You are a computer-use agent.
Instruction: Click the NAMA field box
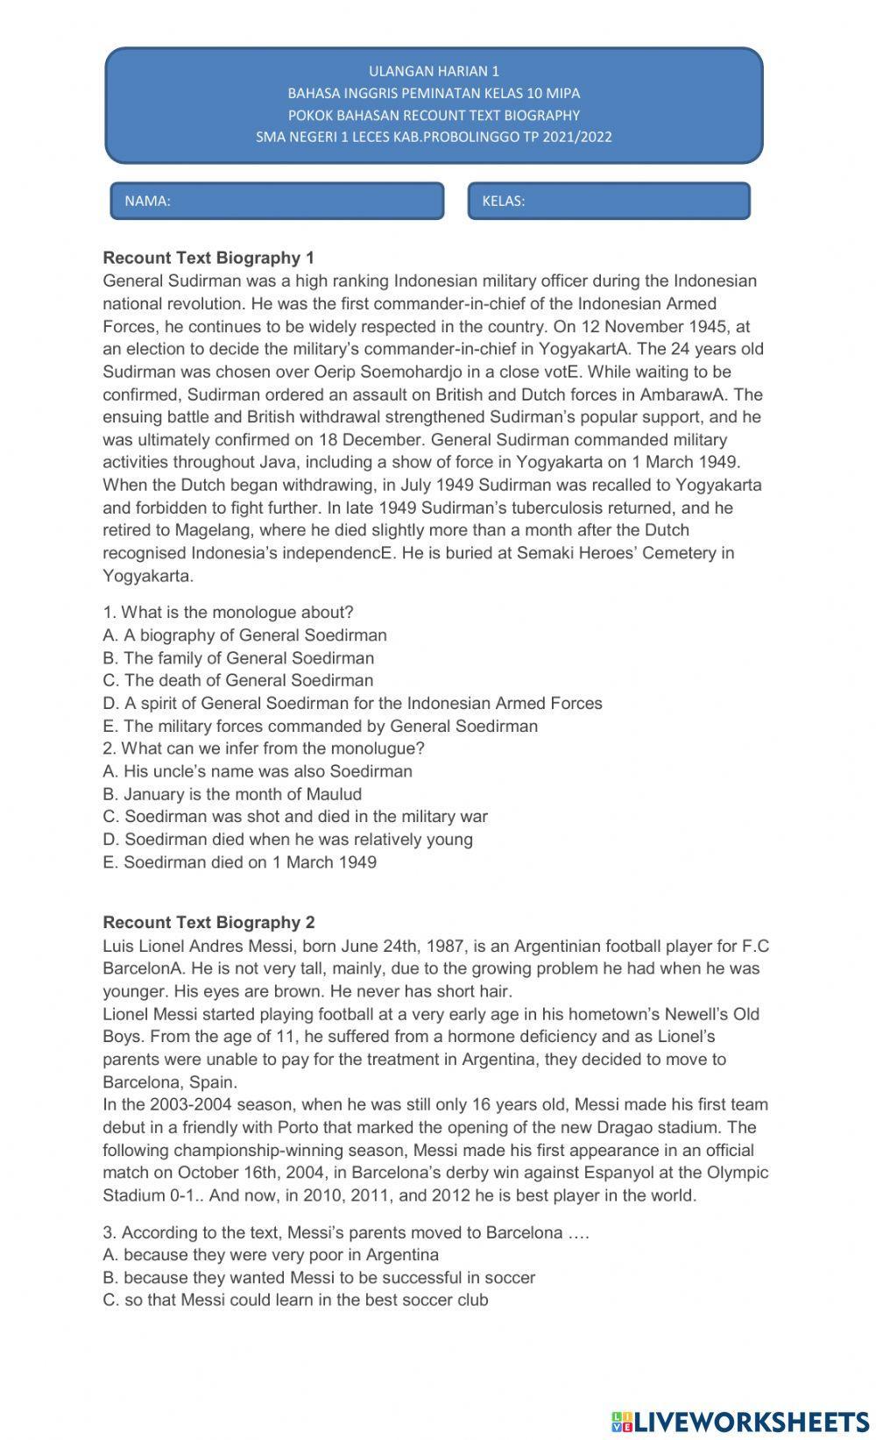277,201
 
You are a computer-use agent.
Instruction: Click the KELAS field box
609,201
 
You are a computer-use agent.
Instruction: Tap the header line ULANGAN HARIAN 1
434,71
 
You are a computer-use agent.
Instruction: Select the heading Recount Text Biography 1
208,258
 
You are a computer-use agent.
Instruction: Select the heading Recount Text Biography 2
208,922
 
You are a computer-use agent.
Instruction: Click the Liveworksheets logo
740,1421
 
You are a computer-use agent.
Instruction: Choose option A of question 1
244,635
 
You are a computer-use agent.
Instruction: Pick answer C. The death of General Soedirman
237,680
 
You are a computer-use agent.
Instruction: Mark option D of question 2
287,839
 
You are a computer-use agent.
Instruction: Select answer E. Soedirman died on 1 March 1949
239,862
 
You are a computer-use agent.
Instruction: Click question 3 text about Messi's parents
346,1232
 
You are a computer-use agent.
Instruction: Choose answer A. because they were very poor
271,1254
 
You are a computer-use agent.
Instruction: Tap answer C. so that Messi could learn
295,1300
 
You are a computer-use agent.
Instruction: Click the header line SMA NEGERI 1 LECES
434,137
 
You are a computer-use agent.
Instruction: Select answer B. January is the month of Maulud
232,794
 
